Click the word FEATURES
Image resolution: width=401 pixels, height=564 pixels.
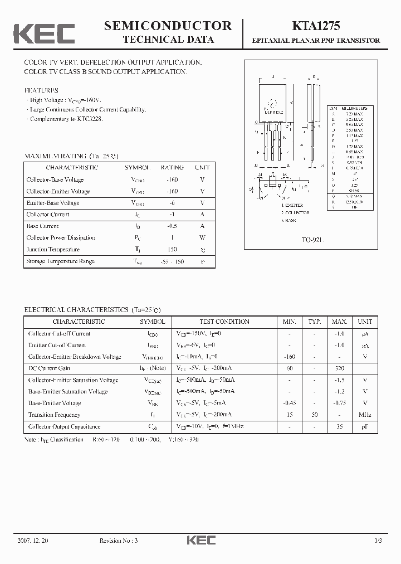tap(41, 90)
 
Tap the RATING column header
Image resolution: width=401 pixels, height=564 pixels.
tap(172, 167)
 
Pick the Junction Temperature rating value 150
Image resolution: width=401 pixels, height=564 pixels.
tap(172, 250)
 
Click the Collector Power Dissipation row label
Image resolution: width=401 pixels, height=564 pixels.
tap(61, 238)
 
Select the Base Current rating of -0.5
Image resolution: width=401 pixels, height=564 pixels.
tap(172, 226)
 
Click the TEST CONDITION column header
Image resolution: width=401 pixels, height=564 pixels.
tap(224, 322)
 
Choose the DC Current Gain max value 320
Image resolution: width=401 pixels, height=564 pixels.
tap(340, 368)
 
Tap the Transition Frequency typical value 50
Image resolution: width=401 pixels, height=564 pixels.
tap(315, 415)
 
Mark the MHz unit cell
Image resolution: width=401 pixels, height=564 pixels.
tap(365, 415)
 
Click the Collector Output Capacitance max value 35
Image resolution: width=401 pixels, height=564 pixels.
tap(340, 426)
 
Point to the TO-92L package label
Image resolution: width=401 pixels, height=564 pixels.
tap(312, 239)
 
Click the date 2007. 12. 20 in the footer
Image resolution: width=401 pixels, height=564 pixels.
tap(33, 541)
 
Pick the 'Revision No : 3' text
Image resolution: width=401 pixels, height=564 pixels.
tap(118, 541)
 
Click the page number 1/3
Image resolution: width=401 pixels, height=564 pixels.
tap(378, 541)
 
